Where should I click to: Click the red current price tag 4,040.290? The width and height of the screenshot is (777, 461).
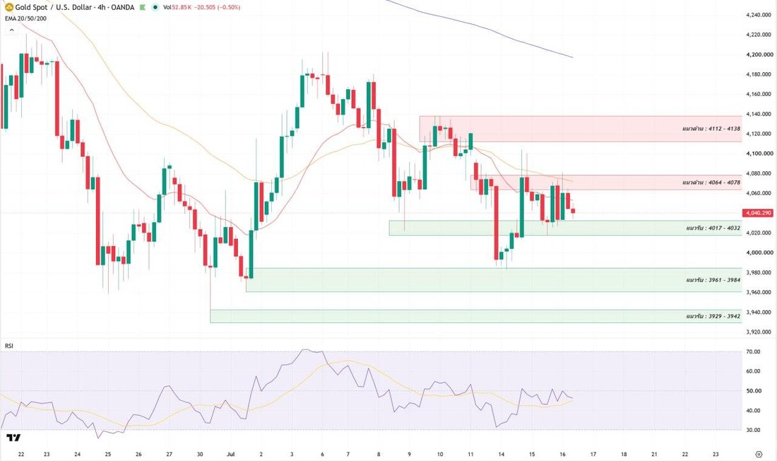tap(758, 213)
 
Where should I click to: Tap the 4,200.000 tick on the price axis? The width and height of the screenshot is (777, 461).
tap(759, 54)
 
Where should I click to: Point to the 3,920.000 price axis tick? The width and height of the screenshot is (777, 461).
tap(759, 332)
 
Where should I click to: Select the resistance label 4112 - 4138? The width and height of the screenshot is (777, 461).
tap(711, 129)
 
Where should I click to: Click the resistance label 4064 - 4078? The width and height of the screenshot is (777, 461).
tap(711, 182)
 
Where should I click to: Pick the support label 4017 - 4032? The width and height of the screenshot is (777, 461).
tap(713, 228)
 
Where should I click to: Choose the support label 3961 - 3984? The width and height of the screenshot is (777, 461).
tap(713, 280)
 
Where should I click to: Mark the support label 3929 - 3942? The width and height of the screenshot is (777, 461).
tap(713, 316)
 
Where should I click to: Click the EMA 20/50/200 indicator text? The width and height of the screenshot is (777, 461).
tap(25, 18)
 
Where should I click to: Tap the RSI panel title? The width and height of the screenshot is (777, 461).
tap(9, 345)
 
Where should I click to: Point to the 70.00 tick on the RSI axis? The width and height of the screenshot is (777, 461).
tap(753, 352)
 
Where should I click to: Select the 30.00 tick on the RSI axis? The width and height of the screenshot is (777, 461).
tap(753, 430)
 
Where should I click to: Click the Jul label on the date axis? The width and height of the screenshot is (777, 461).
tap(230, 454)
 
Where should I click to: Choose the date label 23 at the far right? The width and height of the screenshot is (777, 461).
tap(716, 454)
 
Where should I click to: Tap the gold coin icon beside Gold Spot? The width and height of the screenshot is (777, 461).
tap(9, 7)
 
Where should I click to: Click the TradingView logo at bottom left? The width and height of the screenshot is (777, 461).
tap(13, 437)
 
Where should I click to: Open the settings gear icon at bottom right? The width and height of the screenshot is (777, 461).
tap(759, 454)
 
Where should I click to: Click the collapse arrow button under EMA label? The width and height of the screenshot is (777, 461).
tap(11, 30)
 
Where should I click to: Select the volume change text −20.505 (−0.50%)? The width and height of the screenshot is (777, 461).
tap(217, 8)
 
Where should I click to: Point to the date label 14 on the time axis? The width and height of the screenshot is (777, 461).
tap(502, 454)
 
